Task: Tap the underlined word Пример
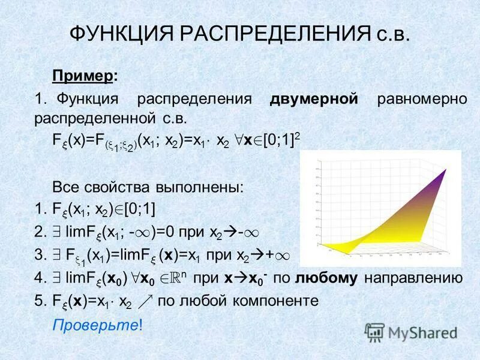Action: [83, 76]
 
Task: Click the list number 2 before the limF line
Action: [39, 232]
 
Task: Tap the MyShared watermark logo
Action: [410, 331]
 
